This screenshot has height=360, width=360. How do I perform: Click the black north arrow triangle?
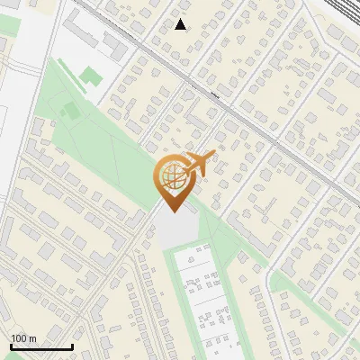point(181,24)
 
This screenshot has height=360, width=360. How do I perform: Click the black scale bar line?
point(41,346)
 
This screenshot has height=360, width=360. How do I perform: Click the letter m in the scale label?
point(33,338)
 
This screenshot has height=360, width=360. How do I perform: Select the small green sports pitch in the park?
point(71,110)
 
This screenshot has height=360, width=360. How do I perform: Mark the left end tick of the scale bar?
point(11,346)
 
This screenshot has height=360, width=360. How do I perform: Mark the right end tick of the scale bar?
point(72,346)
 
